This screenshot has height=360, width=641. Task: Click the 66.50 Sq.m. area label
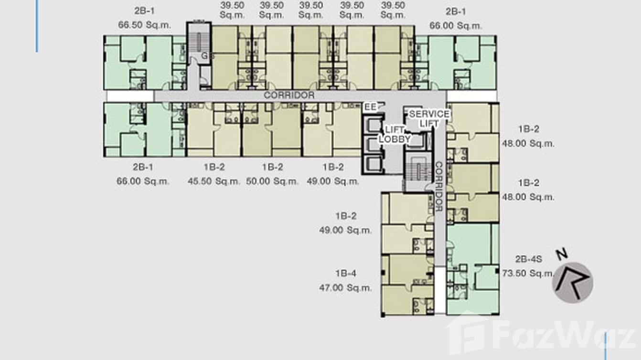click(144, 25)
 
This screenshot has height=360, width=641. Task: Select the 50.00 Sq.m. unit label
click(272, 181)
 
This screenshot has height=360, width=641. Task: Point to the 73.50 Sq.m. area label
click(528, 274)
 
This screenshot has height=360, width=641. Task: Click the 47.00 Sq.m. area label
click(345, 288)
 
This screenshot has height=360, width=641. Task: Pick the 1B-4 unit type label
click(345, 274)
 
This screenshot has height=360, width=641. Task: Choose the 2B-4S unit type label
click(528, 259)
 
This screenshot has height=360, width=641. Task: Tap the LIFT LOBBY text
click(395, 135)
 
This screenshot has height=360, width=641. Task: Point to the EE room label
click(371, 107)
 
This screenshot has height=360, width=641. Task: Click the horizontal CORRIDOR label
click(289, 95)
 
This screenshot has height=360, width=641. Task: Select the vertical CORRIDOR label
click(439, 186)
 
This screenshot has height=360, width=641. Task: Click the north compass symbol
click(573, 283)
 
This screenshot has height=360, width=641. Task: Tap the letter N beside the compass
click(562, 254)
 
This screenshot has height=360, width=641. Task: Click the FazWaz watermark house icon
click(466, 334)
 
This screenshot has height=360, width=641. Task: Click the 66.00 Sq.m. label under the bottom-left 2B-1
click(143, 181)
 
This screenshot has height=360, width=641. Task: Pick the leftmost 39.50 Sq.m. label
click(232, 10)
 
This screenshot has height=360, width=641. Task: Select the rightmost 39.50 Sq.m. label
click(393, 10)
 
